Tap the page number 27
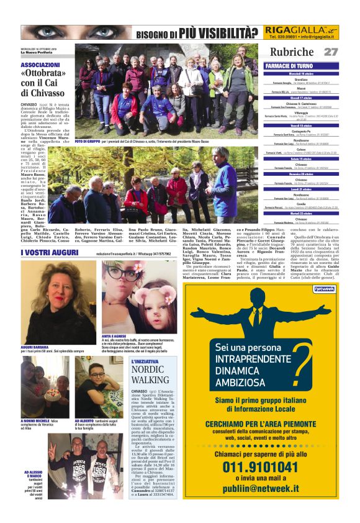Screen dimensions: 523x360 click(x=331, y=52)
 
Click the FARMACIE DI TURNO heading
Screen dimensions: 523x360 click(x=289, y=65)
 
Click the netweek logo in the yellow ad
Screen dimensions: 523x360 click(x=324, y=289)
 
